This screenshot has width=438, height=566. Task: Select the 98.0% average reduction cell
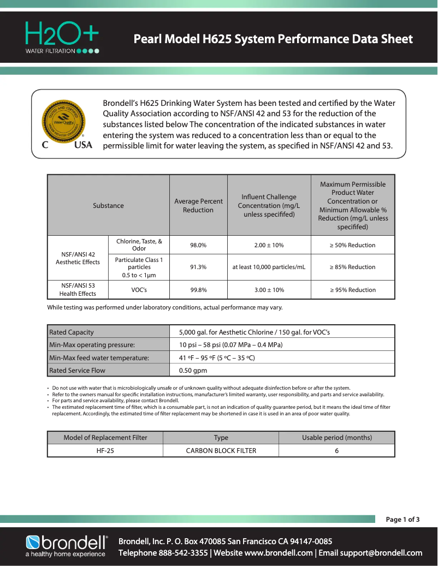click(198, 245)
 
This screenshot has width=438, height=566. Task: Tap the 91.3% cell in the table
click(198, 267)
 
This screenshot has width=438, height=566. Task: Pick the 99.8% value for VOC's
click(198, 290)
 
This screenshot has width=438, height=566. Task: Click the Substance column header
click(108, 206)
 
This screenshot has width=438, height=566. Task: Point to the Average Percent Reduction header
click(198, 206)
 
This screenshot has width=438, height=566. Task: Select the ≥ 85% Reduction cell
click(352, 267)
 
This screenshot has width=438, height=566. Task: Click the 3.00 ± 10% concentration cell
click(269, 290)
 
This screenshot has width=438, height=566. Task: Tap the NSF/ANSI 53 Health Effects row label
click(78, 290)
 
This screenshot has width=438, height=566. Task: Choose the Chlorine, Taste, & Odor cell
click(139, 245)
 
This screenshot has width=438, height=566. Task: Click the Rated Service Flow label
click(77, 371)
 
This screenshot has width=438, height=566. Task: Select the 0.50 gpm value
click(193, 371)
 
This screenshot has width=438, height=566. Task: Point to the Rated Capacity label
click(72, 332)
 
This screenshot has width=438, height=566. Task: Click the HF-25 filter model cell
click(105, 451)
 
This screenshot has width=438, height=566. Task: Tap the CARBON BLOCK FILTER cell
click(221, 451)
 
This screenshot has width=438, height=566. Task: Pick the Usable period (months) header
click(336, 438)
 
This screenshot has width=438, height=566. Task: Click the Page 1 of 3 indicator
click(403, 520)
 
